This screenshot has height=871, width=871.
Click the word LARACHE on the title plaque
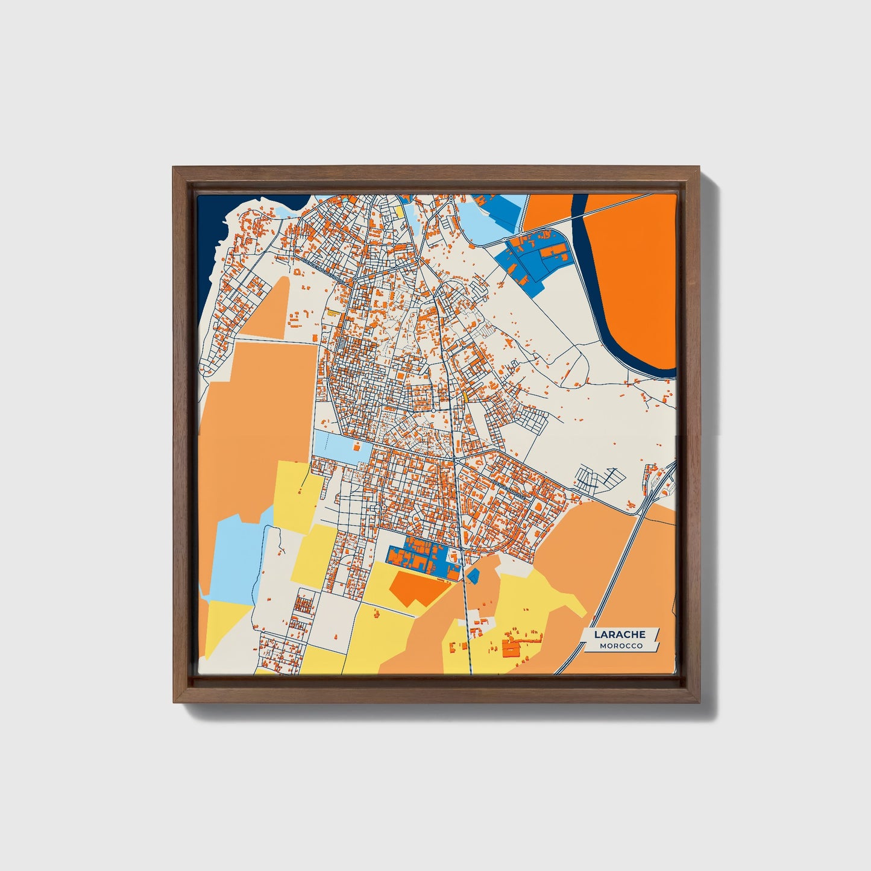click(620, 634)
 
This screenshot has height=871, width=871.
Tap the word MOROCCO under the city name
click(621, 646)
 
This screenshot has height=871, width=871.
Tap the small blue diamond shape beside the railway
click(473, 575)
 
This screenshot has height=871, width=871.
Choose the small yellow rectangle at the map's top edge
click(400, 210)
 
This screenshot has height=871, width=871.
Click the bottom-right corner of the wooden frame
click(699, 702)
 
